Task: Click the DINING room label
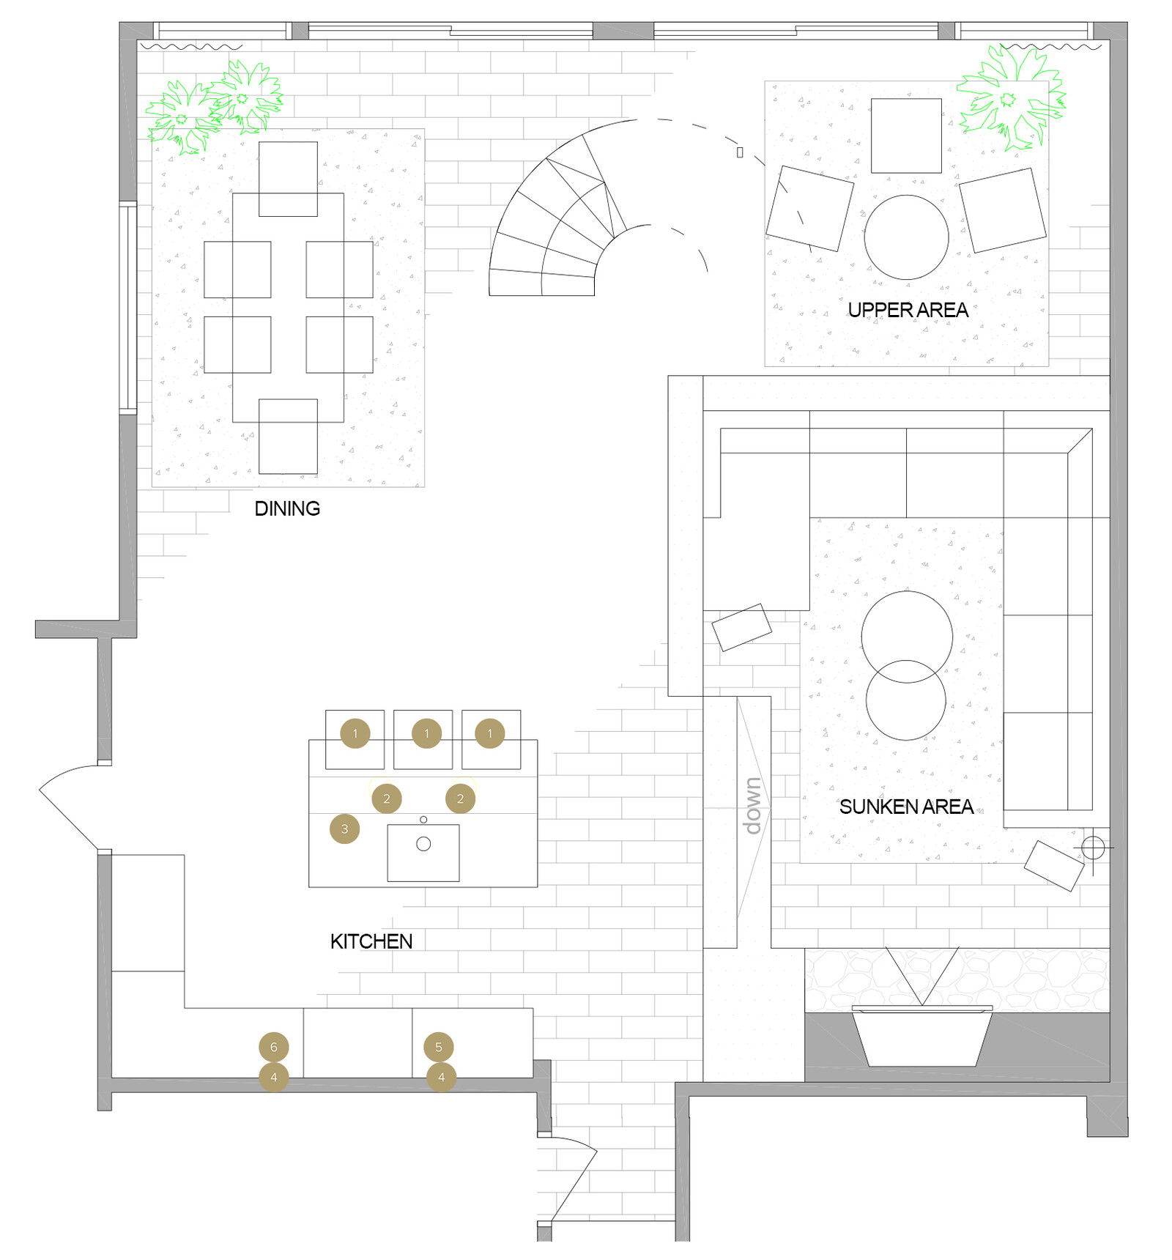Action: click(287, 508)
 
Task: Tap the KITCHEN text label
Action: click(371, 941)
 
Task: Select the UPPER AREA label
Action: click(908, 310)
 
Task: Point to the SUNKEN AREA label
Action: click(906, 807)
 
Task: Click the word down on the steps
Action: click(752, 806)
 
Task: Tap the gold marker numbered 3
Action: click(344, 829)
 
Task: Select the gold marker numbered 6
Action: click(273, 1047)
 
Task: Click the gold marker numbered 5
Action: click(439, 1047)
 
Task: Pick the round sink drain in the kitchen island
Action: click(423, 844)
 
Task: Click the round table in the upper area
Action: click(906, 237)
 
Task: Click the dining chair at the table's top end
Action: click(288, 179)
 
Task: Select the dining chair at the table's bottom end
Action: click(288, 436)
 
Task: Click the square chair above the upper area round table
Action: click(906, 136)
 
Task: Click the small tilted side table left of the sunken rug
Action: click(741, 627)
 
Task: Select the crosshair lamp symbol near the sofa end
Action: click(1092, 848)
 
